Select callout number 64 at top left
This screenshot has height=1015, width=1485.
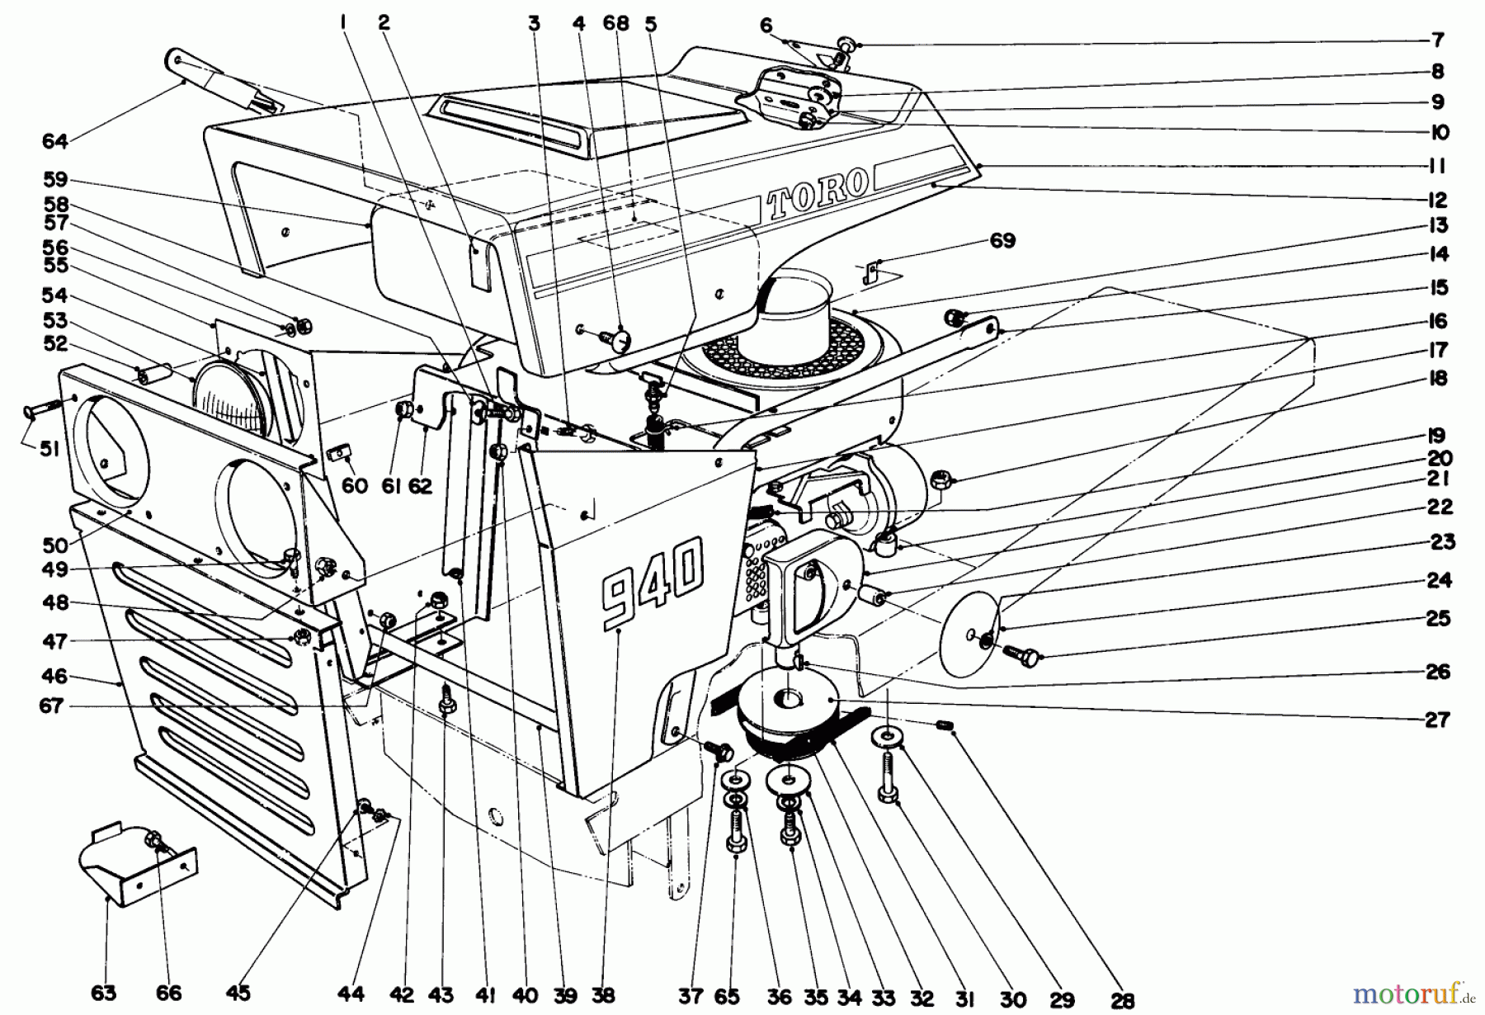54,142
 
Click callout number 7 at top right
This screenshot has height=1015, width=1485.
1438,40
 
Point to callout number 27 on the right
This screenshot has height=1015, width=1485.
1437,720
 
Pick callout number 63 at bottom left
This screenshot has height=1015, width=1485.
104,994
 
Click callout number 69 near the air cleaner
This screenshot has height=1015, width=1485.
1002,241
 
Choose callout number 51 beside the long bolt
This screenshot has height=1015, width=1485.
50,451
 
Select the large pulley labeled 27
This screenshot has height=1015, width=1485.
788,701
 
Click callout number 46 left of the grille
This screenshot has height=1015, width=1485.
54,677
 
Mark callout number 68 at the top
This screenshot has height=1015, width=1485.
615,23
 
